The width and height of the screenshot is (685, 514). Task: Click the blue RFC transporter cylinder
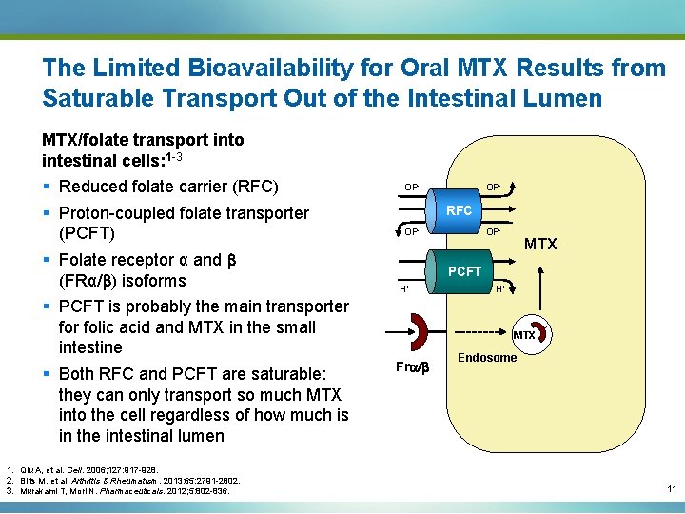coord(459,210)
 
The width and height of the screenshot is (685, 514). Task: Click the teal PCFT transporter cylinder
coord(464,271)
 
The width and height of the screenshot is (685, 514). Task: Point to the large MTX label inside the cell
coord(540,245)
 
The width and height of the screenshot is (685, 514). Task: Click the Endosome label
coord(487,358)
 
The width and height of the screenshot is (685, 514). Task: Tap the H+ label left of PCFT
coord(403,287)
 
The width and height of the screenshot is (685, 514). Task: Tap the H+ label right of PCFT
coord(499,287)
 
